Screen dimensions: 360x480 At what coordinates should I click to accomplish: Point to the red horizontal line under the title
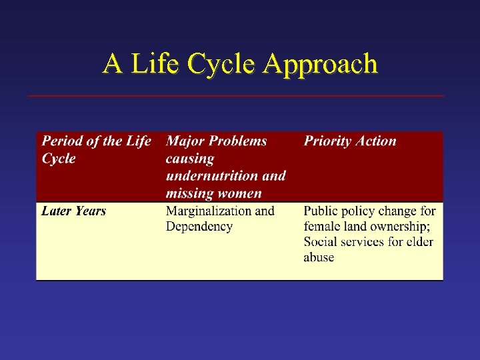pos(236,96)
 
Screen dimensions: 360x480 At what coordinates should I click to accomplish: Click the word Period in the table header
pos(62,141)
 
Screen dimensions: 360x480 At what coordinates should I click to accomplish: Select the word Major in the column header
pos(185,141)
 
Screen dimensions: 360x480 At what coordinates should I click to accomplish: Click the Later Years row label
pos(73,211)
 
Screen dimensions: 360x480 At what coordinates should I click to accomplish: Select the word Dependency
pos(199,227)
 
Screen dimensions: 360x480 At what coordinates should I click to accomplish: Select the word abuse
pos(319,257)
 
